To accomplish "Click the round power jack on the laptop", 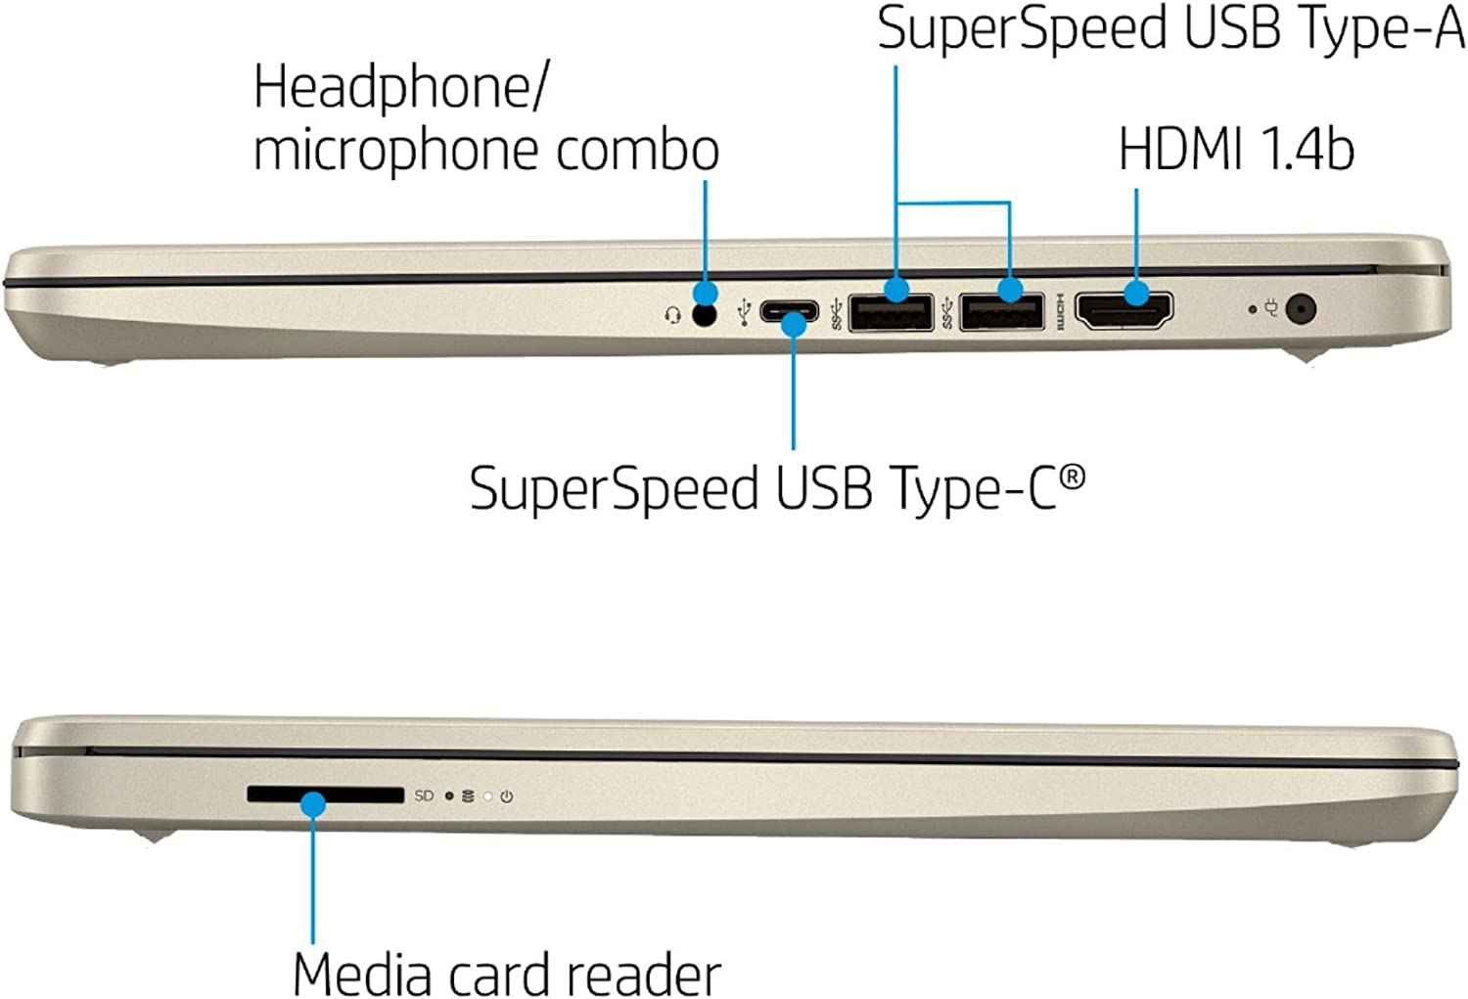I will coord(1299,309).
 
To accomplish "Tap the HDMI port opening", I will coord(1124,311).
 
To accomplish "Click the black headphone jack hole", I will coord(703,314).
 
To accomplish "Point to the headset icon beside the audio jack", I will coord(672,315).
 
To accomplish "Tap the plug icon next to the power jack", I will coord(1271,308).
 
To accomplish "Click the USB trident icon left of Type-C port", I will coord(744,311).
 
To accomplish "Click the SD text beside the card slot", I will coord(424,795).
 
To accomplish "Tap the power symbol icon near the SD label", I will coord(506,796).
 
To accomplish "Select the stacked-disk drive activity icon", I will coord(468,796).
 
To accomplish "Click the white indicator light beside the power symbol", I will coord(487,796).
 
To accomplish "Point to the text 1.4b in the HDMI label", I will coord(1307,150).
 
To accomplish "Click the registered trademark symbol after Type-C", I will coord(1073,477).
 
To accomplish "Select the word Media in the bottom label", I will coord(361,974).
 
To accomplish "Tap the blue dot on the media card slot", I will coord(313,804).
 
